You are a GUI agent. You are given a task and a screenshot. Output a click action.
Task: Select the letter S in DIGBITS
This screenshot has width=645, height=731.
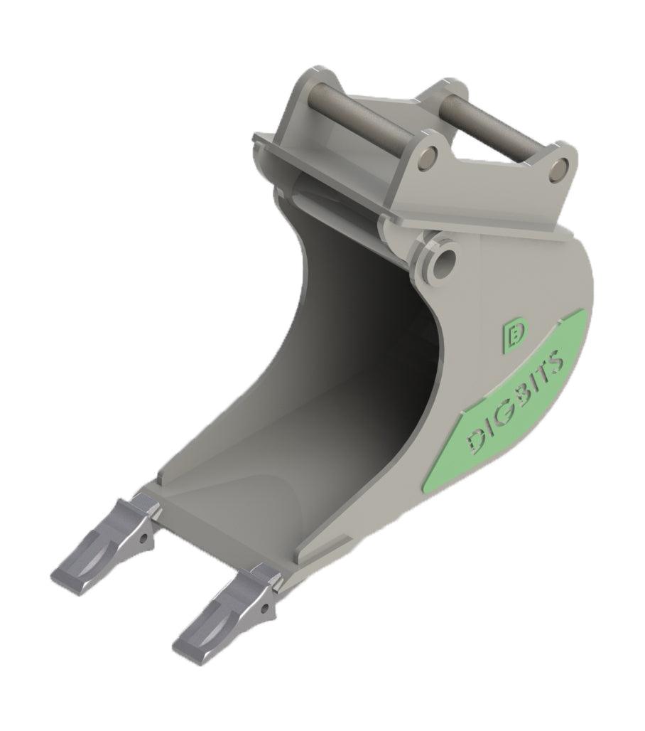559,357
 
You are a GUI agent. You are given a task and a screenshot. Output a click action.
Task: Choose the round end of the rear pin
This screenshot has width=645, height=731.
558,169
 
